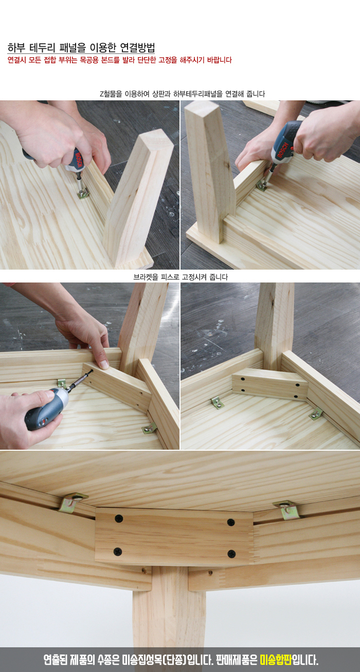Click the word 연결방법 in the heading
(137, 47)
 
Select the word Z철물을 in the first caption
(111, 94)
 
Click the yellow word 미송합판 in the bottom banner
(276, 660)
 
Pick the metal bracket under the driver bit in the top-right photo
(261, 186)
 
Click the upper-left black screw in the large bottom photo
(119, 518)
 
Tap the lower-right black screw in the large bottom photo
(231, 554)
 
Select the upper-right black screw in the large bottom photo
(231, 522)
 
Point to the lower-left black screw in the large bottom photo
(118, 552)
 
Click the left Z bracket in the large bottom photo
(73, 502)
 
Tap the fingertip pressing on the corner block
(104, 364)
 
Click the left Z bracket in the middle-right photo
(218, 402)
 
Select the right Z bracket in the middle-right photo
(315, 413)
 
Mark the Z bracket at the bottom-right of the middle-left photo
(149, 428)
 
